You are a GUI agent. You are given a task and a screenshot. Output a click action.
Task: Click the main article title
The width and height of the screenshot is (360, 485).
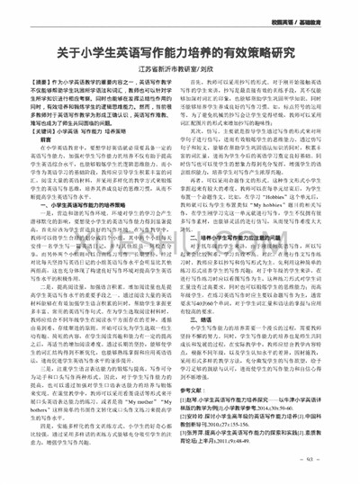point(180,51)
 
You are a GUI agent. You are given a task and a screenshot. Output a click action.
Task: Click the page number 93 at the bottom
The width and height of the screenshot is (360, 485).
point(322,477)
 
